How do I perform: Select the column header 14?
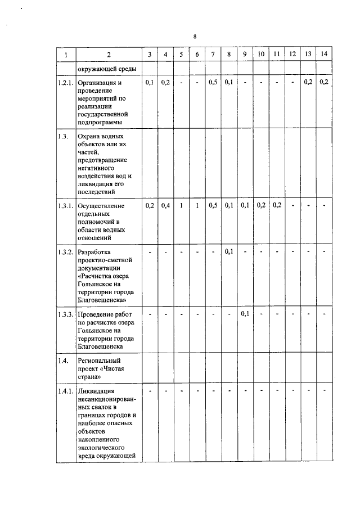pos(323,54)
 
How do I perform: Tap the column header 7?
pos(213,54)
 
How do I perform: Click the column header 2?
pos(109,55)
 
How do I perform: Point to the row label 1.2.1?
pos(66,83)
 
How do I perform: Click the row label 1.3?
pos(63,137)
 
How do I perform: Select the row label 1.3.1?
pos(66,206)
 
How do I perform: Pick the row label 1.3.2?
pos(66,251)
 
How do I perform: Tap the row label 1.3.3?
pos(66,314)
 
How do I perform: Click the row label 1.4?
pos(63,361)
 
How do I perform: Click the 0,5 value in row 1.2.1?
pos(213,83)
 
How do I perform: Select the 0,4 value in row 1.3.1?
pos(165,206)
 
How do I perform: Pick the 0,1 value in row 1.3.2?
pos(229,251)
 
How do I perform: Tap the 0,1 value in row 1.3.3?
pos(245,314)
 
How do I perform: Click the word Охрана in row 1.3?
pos(91,137)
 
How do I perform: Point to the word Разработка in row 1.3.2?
pos(95,251)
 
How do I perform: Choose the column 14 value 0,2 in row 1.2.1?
pos(323,83)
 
